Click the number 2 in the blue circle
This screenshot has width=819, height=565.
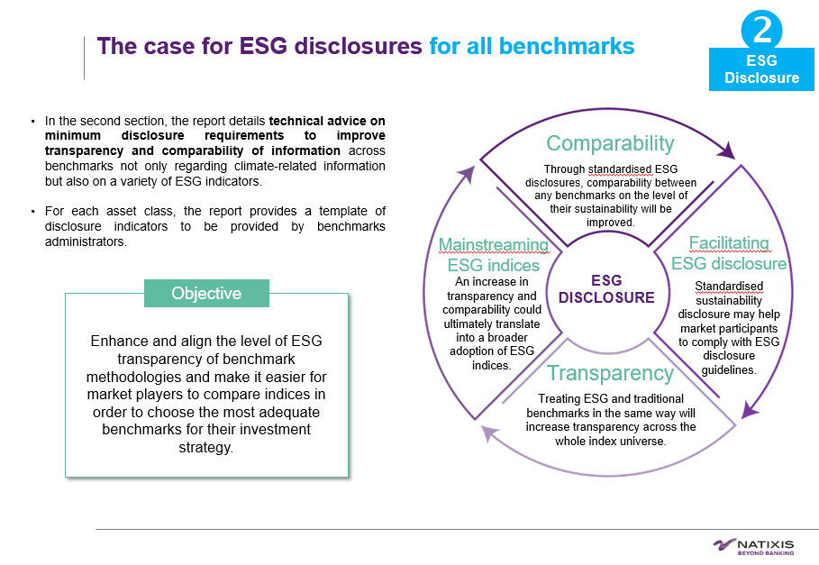click(x=762, y=30)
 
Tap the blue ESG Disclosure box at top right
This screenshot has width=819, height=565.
click(x=761, y=69)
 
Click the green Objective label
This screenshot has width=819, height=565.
click(x=206, y=293)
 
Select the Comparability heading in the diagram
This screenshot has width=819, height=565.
click(x=610, y=143)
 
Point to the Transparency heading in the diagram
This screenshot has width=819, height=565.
click(x=610, y=373)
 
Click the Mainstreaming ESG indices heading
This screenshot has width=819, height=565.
click(x=494, y=255)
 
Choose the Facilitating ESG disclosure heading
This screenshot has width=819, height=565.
click(x=729, y=253)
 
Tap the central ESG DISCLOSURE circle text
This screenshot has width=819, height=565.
click(x=606, y=289)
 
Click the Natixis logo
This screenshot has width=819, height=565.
click(x=753, y=545)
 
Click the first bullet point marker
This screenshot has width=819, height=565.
click(x=33, y=122)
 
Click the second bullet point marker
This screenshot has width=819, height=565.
click(x=33, y=211)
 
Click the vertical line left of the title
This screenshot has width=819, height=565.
click(x=84, y=57)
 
